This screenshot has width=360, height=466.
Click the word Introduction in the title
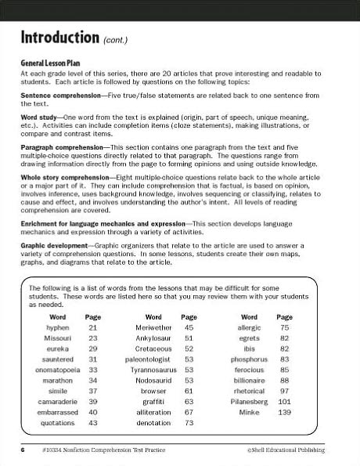(59, 37)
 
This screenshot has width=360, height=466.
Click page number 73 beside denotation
(189, 422)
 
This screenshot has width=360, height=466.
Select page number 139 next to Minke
(284, 412)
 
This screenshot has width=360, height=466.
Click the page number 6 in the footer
(23, 450)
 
